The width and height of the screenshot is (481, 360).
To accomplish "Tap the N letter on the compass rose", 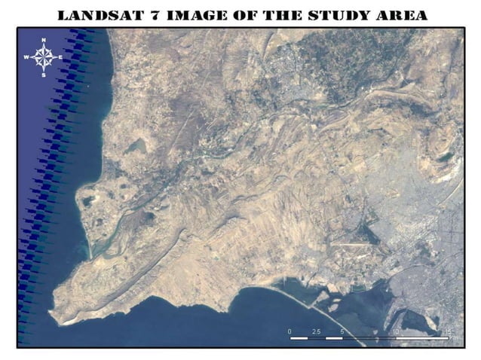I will tap(44, 39).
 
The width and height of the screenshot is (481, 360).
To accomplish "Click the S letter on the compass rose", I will tap(44, 75).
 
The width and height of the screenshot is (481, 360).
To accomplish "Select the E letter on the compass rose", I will tap(61, 57).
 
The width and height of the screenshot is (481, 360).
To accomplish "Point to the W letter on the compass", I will tap(26, 57).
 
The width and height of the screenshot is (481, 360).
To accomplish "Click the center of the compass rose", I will tap(44, 57).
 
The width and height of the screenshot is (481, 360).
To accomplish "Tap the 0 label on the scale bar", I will tap(290, 331).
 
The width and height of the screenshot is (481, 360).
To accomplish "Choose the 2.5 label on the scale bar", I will tap(317, 331).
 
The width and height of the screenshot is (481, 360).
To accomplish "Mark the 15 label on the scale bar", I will tap(449, 331).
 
